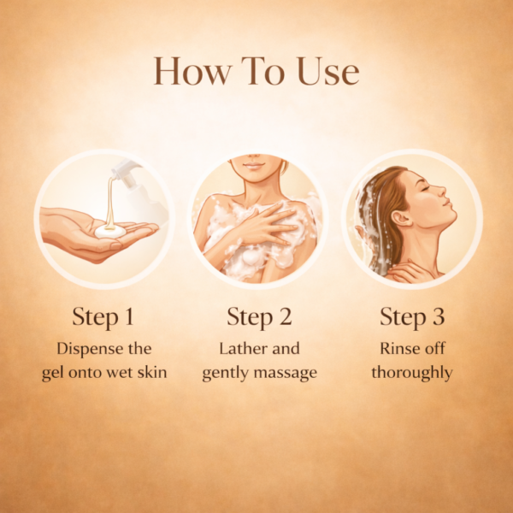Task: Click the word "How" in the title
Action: click(x=192, y=71)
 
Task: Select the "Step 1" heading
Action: click(x=103, y=317)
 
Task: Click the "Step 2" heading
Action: click(x=259, y=317)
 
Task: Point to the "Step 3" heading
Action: click(x=412, y=317)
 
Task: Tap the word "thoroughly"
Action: click(x=412, y=373)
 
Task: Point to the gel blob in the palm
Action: click(x=110, y=232)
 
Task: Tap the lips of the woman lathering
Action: click(x=254, y=166)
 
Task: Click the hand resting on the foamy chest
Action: click(x=262, y=226)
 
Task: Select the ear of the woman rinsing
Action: click(x=401, y=218)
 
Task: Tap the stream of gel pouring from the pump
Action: click(x=110, y=201)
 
